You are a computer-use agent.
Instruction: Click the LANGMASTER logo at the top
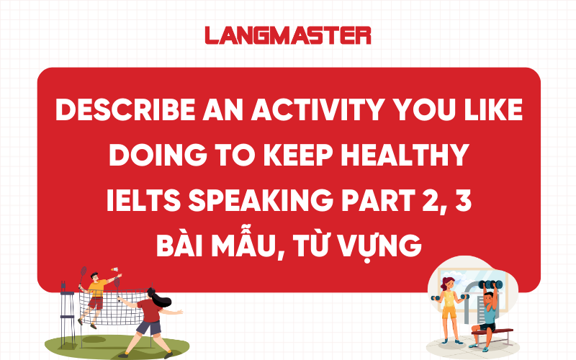287,35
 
